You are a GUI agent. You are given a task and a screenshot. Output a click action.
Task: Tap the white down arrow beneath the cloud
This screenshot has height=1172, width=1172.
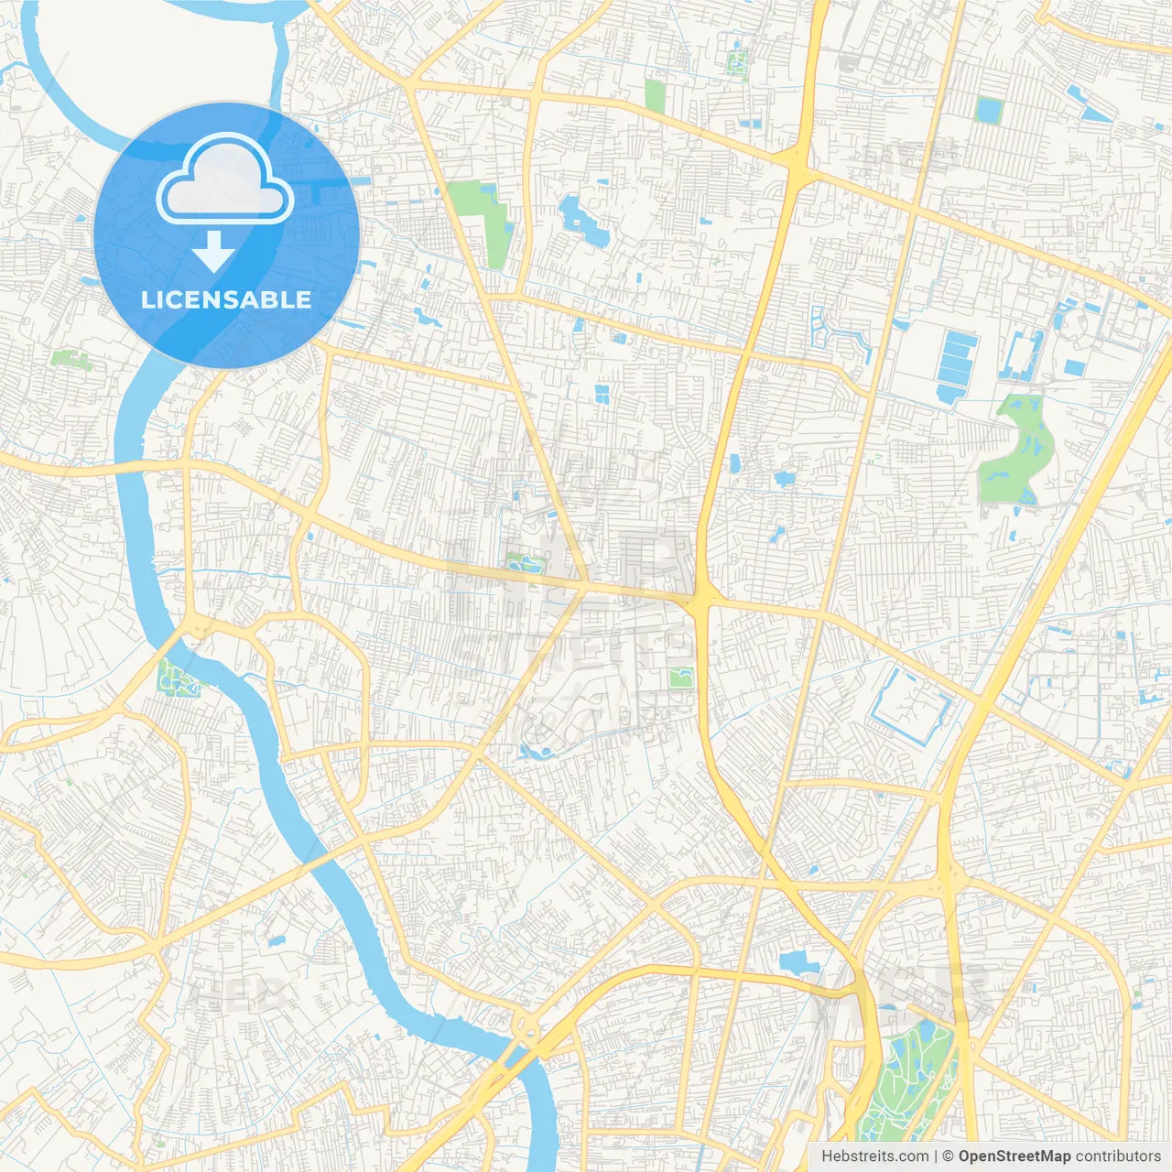[214, 251]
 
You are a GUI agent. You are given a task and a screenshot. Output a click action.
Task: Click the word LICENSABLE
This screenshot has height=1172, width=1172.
[226, 299]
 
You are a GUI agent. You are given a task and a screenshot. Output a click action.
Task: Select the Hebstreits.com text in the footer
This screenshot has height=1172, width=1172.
[874, 1156]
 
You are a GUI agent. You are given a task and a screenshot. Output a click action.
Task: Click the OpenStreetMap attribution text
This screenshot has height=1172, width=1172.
[1014, 1156]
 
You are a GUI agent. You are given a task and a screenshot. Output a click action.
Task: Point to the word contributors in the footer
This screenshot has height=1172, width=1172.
[1118, 1156]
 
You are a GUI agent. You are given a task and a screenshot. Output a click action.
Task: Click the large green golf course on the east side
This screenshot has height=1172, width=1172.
[1016, 453]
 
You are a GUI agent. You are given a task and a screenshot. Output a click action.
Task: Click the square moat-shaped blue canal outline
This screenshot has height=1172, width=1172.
[911, 705]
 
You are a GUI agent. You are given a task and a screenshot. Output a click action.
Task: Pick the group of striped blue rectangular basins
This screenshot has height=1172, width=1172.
[958, 366]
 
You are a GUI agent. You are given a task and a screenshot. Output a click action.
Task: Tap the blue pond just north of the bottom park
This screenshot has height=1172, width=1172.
[798, 962]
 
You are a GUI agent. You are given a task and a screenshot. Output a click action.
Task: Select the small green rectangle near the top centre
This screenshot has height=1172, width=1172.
[654, 95]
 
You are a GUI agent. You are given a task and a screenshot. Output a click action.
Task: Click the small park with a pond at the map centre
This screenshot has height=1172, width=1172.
[524, 562]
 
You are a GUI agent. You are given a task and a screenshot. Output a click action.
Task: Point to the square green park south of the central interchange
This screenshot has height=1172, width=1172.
[679, 678]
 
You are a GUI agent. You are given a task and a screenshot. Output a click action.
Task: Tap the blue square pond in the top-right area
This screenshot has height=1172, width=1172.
[989, 111]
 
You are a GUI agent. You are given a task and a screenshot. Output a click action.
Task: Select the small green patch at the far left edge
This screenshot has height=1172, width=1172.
[71, 359]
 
